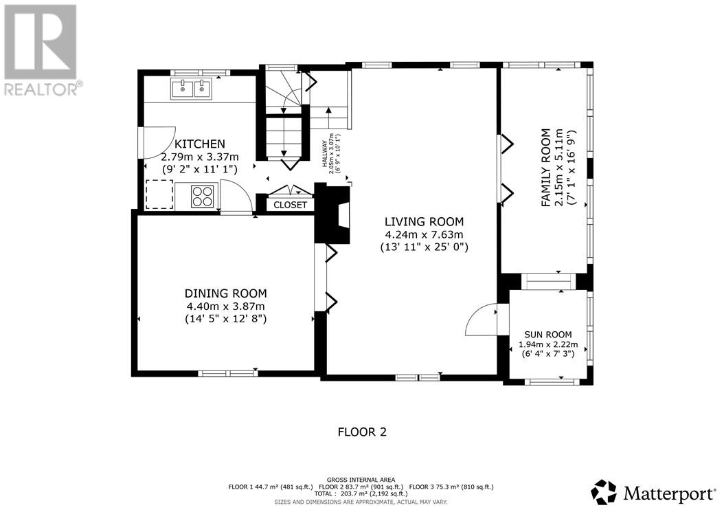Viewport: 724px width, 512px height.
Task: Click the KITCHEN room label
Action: [x=199, y=144]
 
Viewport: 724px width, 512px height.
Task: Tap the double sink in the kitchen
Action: [x=191, y=89]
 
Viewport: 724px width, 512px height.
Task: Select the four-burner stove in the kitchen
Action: [x=203, y=196]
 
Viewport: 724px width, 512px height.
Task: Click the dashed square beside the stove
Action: [x=159, y=194]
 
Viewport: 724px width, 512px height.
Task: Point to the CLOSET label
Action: [x=290, y=205]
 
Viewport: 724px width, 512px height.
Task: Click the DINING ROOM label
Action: [x=226, y=293]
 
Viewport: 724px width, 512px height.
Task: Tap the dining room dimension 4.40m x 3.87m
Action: [x=226, y=306]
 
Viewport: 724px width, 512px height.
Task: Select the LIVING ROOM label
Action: [x=425, y=222]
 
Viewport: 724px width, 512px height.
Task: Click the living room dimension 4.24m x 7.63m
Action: [x=425, y=234]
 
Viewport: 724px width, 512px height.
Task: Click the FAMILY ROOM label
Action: [x=546, y=167]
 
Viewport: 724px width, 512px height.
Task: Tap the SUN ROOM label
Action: [x=548, y=335]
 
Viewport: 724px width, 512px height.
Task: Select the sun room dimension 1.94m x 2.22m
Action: [x=548, y=344]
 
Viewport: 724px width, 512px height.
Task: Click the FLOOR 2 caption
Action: [x=362, y=432]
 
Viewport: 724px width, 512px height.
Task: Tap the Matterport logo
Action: [x=653, y=493]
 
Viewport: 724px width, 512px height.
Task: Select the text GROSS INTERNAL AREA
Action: [x=361, y=480]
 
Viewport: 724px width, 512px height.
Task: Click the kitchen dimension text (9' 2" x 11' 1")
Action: [x=199, y=169]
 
